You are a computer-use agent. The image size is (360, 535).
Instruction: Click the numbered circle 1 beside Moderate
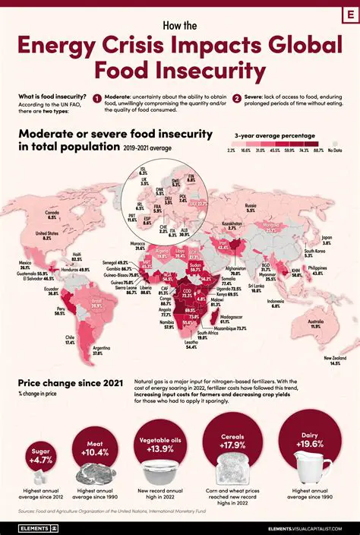(x=97, y=98)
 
